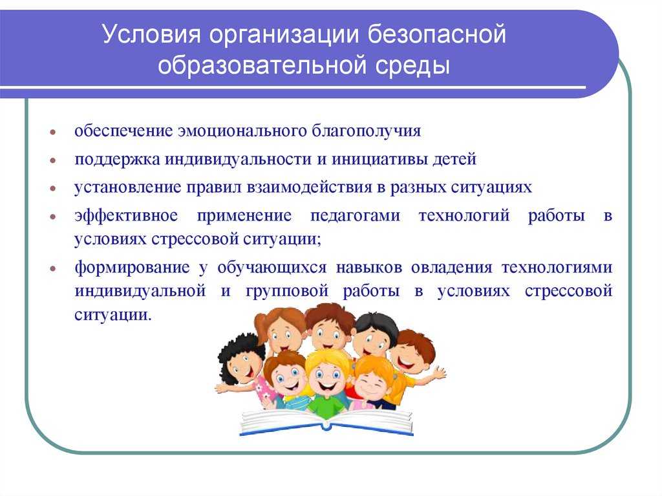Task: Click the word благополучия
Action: click(367, 131)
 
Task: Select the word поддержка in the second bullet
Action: click(117, 160)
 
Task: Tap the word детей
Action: click(454, 159)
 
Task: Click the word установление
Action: click(127, 188)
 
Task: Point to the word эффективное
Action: click(126, 215)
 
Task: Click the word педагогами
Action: click(355, 216)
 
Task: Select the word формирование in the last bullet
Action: click(132, 268)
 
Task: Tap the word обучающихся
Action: click(272, 268)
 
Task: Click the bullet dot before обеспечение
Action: click(53, 132)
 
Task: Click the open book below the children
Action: click(326, 422)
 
